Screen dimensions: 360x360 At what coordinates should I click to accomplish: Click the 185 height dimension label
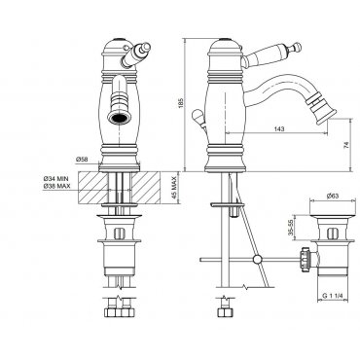[181, 103]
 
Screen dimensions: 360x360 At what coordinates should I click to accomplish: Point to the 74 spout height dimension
[346, 144]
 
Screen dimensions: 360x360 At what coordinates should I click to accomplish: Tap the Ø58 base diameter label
[83, 160]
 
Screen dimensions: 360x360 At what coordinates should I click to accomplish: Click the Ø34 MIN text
[56, 179]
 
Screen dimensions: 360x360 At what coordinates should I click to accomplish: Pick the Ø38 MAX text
[56, 186]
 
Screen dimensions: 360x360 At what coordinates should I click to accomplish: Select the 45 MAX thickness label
[174, 188]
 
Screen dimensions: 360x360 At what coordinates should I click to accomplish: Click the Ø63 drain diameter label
[333, 196]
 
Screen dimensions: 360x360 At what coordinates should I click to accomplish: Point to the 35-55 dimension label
[291, 228]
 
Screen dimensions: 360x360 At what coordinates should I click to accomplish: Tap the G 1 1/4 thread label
[333, 296]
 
